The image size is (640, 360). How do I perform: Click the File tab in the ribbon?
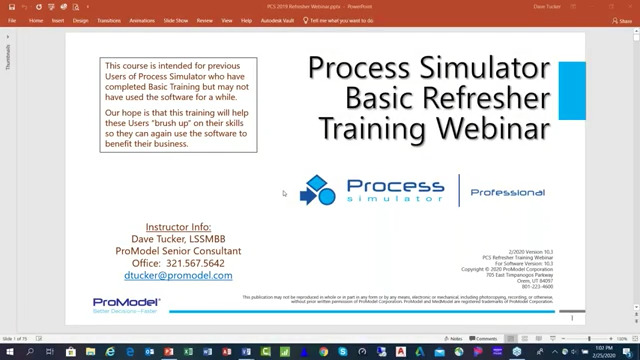tap(12, 20)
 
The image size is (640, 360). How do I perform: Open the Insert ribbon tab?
tap(58, 20)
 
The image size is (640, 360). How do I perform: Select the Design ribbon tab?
tap(80, 20)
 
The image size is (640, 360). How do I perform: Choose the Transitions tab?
tap(108, 20)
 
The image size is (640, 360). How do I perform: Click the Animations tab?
tap(142, 20)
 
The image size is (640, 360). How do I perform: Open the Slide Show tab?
tap(176, 20)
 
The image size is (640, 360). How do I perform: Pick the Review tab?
tap(205, 20)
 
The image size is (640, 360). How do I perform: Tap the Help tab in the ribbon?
tap(246, 20)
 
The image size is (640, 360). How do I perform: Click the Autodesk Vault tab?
tap(277, 20)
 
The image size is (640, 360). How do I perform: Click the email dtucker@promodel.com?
tap(178, 275)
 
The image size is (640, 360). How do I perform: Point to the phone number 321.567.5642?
tap(201, 263)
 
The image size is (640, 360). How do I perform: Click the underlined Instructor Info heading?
tap(178, 227)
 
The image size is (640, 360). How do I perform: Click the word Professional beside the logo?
tap(507, 192)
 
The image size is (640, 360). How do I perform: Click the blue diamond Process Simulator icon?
tap(318, 190)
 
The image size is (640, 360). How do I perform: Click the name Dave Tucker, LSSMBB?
tap(178, 239)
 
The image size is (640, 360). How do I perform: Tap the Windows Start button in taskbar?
tap(8, 352)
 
